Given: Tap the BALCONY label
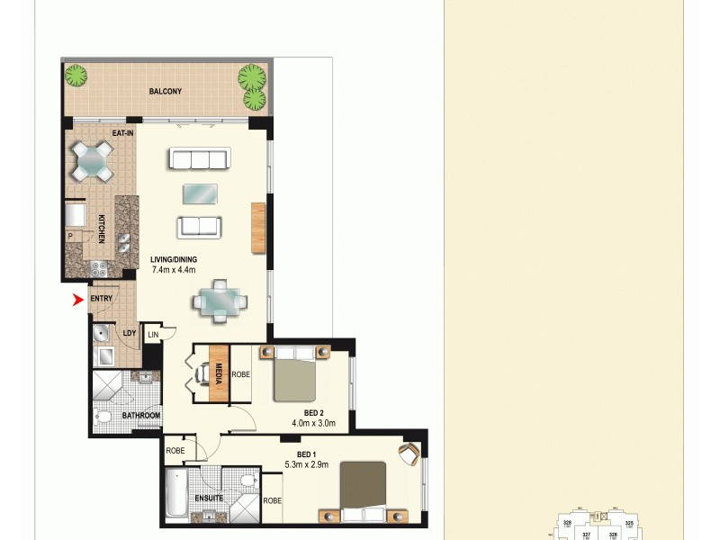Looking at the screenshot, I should point(166,91).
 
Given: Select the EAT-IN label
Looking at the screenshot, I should point(123,133).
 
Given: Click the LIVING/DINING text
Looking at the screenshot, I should point(174,260).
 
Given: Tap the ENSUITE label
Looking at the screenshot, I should point(208,498).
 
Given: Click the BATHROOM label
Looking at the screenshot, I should point(141,415).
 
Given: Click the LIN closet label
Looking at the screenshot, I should point(152,335).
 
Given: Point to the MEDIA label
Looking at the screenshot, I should point(219,373).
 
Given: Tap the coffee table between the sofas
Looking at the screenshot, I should point(199,193).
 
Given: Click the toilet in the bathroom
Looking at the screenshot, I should point(104,417).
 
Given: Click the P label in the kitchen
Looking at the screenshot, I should point(69,237).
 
